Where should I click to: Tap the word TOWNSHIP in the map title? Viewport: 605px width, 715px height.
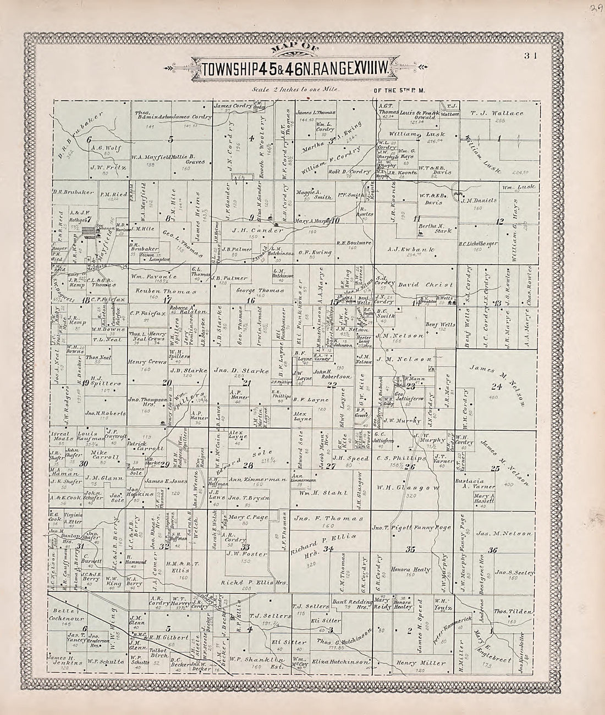227,70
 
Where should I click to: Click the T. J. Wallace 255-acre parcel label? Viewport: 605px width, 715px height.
497,114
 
